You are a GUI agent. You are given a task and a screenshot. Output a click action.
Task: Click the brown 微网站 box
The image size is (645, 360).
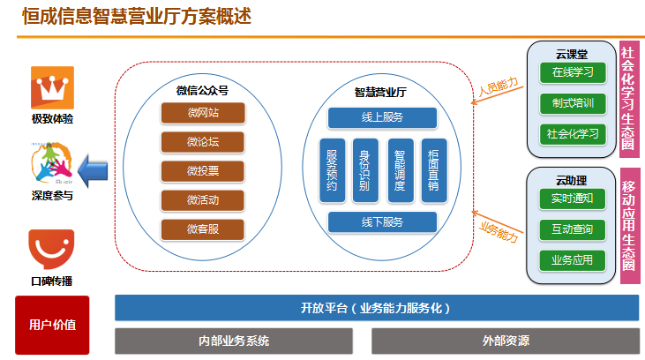tap(203, 113)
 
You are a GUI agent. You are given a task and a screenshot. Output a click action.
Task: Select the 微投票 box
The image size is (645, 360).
tap(203, 171)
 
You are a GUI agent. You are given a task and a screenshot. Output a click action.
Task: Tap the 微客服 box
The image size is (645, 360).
tap(203, 229)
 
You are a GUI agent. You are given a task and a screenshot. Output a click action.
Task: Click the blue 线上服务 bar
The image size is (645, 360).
tap(382, 117)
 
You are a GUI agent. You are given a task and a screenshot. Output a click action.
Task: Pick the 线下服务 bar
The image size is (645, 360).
tap(382, 222)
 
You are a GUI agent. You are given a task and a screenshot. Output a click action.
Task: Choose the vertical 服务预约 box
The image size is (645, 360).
tap(332, 170)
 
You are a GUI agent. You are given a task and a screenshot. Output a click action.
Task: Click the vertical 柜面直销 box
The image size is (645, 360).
tap(433, 170)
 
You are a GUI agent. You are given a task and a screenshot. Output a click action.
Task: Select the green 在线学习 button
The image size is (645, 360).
tap(573, 72)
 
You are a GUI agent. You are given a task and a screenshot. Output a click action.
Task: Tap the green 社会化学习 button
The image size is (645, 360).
tap(573, 134)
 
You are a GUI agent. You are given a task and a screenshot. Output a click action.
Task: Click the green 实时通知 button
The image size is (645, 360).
tap(572, 199)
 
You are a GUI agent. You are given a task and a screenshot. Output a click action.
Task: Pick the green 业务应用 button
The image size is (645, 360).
tap(572, 260)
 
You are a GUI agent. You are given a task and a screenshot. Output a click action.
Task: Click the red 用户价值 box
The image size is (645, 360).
tap(52, 325)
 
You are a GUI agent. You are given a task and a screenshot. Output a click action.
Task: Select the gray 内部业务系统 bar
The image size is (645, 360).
tap(234, 341)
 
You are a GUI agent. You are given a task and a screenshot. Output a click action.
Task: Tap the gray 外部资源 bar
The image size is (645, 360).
tap(506, 341)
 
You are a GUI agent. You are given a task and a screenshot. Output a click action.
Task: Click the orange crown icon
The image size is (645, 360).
tap(52, 87)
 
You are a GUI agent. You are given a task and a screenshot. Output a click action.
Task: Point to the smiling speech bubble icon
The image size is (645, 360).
tap(51, 249)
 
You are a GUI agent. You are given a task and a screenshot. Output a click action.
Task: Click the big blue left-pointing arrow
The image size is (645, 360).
tap(93, 171)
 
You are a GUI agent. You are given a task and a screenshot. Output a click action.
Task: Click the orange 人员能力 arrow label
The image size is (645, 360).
tap(499, 86)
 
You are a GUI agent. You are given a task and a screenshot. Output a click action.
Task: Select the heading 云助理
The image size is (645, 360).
tap(572, 180)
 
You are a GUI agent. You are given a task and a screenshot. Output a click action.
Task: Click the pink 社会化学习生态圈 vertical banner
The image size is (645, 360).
tap(629, 99)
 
